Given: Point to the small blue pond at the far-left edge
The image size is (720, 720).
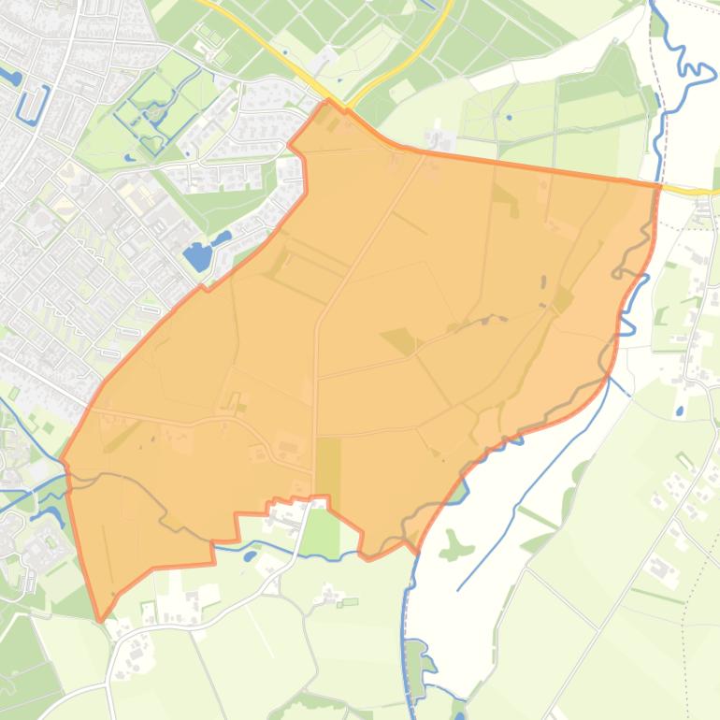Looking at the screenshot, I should [x=11, y=76].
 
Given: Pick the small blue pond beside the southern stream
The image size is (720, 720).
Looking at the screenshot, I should [x=250, y=555].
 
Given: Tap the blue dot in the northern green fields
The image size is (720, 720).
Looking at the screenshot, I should [x=509, y=118].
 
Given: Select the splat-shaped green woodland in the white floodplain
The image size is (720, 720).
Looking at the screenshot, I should [x=454, y=544].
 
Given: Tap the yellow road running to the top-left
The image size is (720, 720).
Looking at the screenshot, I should [x=271, y=42].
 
